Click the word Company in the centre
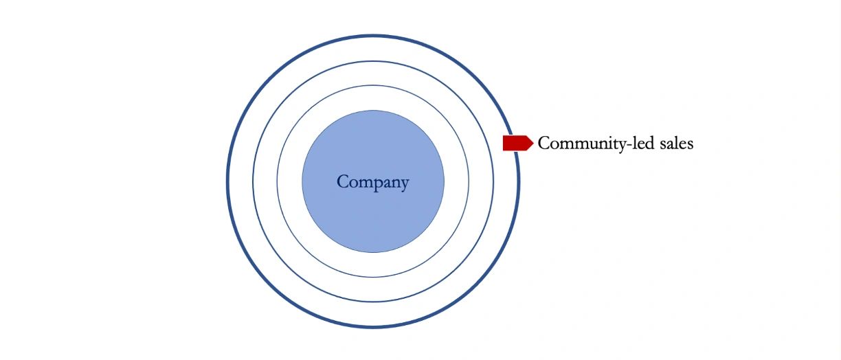click(x=373, y=183)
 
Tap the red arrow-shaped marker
click(x=518, y=143)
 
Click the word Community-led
click(x=596, y=144)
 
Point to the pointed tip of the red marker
click(x=533, y=143)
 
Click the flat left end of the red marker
click(x=503, y=143)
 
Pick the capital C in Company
click(x=343, y=181)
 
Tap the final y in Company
click(x=405, y=185)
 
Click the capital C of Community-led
click(x=544, y=143)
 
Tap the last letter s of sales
click(x=690, y=145)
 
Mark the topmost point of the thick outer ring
click(x=373, y=36)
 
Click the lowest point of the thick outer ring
click(x=373, y=328)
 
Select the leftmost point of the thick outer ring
click(x=227, y=181)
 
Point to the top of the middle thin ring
click(x=373, y=61)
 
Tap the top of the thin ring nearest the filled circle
click(x=373, y=86)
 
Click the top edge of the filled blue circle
click(x=373, y=111)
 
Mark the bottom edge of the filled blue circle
click(x=373, y=252)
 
